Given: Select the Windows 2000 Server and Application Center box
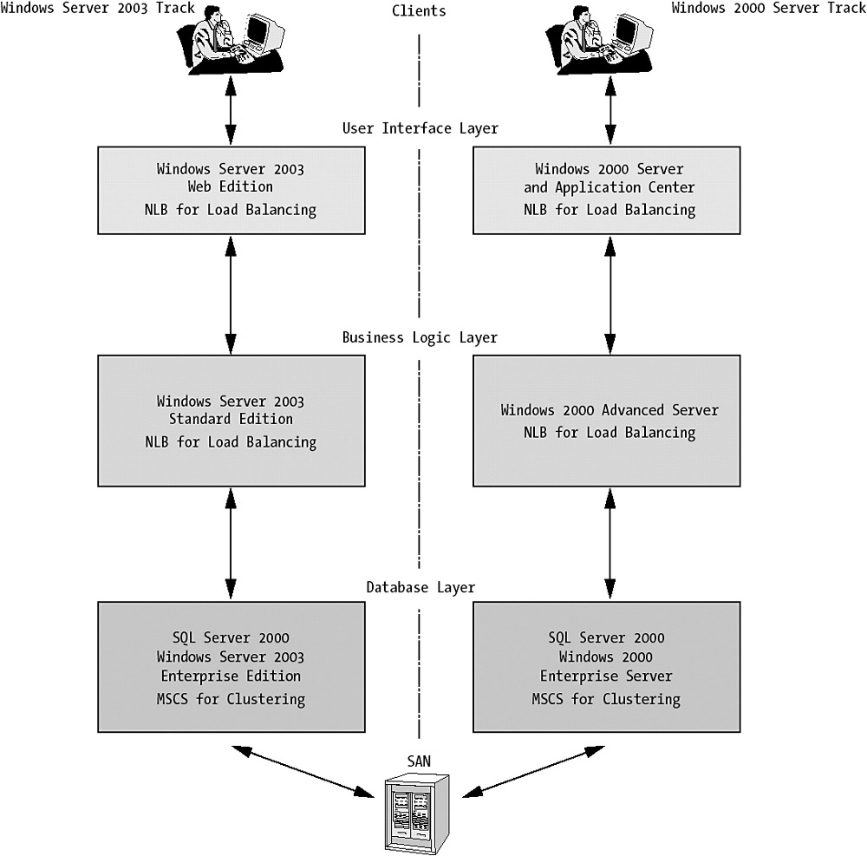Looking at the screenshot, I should pos(607,190).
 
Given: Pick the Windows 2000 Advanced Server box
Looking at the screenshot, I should pos(607,421).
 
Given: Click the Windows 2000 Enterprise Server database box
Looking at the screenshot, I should pos(607,666).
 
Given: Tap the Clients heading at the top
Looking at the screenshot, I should pos(419,11).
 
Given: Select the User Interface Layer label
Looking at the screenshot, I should pos(420,128).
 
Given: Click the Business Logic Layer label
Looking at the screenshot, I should pos(420,337).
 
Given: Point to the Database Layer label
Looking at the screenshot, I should pos(420,588).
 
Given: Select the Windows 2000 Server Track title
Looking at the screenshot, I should pos(769,9).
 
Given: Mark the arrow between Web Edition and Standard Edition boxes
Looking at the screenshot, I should pos(231,295).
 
